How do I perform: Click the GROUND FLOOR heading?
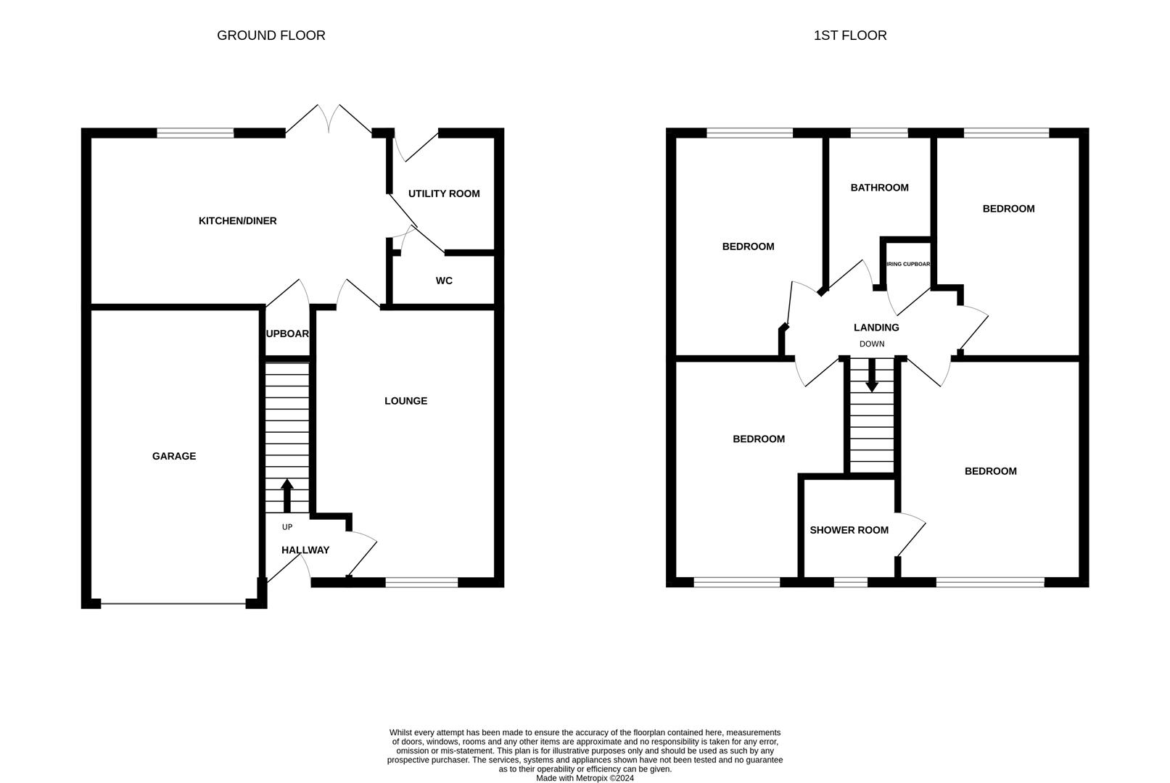coord(271,35)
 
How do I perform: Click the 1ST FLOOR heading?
coord(849,35)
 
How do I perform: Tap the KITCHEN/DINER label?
coord(237,220)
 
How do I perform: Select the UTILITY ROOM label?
coord(444,194)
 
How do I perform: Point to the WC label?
coord(444,281)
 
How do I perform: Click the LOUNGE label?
coord(405,401)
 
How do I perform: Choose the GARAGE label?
coord(173,456)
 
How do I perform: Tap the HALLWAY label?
coord(305,550)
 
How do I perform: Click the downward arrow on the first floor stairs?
coord(872,376)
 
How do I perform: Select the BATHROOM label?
coord(879,188)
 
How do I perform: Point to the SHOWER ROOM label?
coord(849,530)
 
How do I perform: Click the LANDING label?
coord(876,328)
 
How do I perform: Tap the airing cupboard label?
coord(907,264)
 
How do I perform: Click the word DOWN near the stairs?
coord(872,344)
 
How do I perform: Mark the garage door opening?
coord(173,603)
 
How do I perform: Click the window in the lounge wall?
coord(421,581)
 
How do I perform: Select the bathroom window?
coord(878,133)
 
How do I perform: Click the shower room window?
coord(850,581)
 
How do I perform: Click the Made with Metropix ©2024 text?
coord(585,778)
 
